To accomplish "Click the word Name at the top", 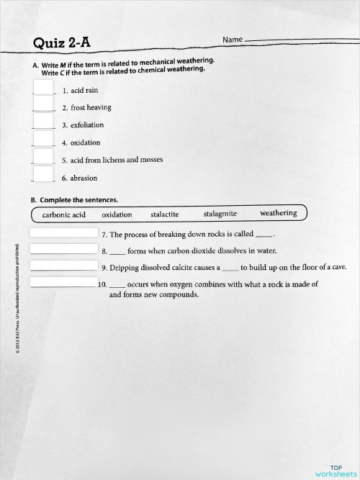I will tap(233, 38).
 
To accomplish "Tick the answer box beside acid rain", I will tap(43, 88).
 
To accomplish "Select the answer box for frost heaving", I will tap(43, 104).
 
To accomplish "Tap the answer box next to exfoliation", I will tap(43, 122).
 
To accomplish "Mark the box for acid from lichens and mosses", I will tap(43, 157).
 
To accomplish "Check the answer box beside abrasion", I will tap(43, 174).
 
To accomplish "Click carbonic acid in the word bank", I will tap(64, 214).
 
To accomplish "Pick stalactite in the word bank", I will tap(165, 214).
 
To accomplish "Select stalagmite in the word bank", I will tap(220, 214).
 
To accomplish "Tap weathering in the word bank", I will tap(278, 213).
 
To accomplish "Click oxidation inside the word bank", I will tap(117, 214).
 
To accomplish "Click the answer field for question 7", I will tap(63, 233).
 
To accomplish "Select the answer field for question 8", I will tap(63, 249).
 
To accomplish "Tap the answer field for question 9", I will tap(63, 266).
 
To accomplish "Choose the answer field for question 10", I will tap(63, 282).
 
